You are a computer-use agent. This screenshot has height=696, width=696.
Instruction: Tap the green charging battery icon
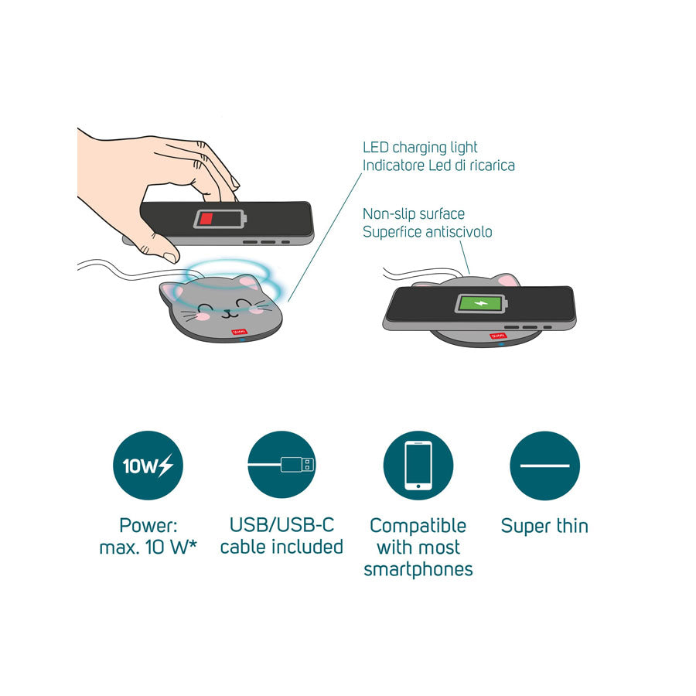481,304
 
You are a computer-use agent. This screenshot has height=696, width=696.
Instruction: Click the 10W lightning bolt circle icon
148,466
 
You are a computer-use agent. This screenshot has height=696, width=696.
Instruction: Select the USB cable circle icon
281,466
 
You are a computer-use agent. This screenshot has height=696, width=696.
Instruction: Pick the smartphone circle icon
418,466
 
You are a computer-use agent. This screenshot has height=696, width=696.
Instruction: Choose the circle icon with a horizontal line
544,466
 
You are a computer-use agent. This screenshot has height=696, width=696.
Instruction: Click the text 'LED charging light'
420,148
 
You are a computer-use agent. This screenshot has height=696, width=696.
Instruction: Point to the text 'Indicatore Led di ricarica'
438,165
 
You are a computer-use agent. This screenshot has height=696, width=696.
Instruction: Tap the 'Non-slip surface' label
414,214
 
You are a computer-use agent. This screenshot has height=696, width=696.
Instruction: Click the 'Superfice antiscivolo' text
428,232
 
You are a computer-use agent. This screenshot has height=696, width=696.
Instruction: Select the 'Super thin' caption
544,526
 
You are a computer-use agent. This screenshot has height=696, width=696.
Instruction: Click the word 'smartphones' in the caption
418,569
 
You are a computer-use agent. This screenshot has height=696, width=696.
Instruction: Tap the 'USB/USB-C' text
281,525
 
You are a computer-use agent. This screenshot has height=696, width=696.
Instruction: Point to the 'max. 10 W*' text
148,548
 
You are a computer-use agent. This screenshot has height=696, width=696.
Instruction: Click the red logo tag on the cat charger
239,332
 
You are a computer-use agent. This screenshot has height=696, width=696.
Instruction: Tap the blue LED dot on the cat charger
242,340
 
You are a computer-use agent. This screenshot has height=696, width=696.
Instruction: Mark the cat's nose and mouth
229,312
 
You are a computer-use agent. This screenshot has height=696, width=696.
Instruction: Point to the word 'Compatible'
418,526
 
